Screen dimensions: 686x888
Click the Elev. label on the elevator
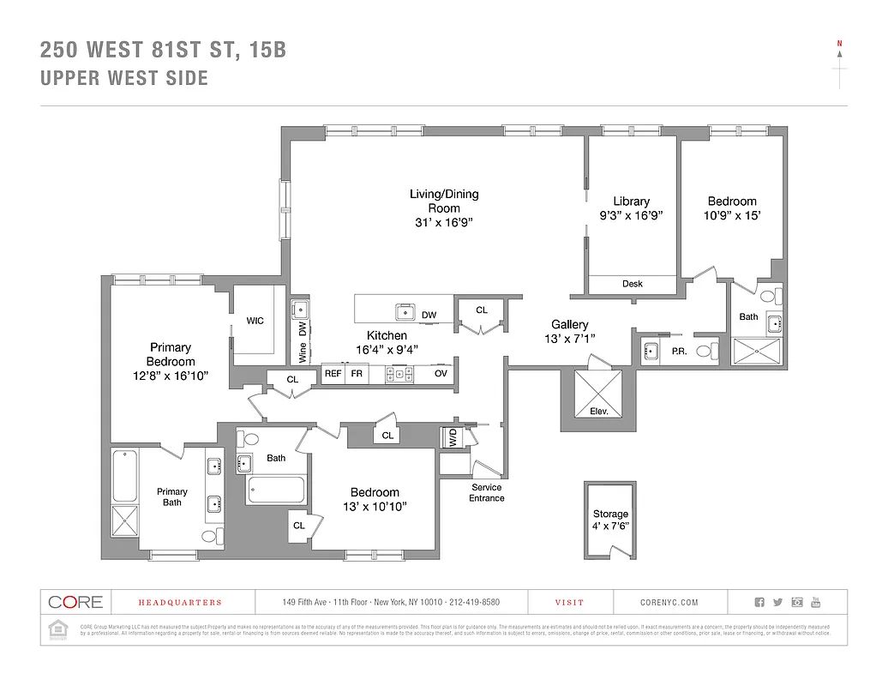[x=598, y=412]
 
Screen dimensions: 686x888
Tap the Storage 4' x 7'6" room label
[x=610, y=520]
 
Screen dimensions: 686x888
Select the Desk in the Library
[x=633, y=284]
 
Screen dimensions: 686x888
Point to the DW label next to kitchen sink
[x=429, y=316]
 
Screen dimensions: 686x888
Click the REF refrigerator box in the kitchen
[x=333, y=374]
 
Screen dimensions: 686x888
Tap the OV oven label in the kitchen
[x=441, y=374]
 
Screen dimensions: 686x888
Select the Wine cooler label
[x=303, y=352]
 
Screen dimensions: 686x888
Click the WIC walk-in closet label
[x=255, y=321]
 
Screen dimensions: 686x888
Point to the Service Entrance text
[x=486, y=493]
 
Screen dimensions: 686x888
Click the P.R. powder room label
[x=679, y=351]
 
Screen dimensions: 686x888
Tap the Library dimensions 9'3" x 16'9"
[x=631, y=216]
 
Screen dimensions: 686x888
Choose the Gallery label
[x=569, y=324]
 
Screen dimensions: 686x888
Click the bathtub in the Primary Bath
[x=125, y=475]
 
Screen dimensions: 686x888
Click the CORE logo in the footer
[x=75, y=602]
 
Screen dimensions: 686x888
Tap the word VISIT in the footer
[x=569, y=603]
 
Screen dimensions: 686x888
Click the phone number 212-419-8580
[x=471, y=603]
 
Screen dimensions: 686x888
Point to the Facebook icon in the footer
[x=759, y=602]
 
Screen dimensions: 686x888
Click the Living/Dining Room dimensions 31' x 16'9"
[x=443, y=222]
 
